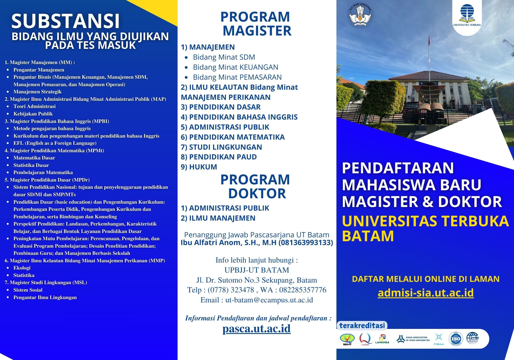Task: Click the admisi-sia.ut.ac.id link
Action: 426,293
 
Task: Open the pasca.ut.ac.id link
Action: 256,328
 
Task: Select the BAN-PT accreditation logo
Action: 347,339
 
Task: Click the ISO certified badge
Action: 456,339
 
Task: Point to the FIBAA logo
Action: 439,339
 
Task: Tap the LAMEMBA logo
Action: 382,339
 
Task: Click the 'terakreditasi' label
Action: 362,326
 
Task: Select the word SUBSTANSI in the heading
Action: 66,21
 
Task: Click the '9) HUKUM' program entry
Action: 199,167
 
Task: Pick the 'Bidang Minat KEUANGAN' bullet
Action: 235,67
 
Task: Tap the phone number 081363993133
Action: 306,242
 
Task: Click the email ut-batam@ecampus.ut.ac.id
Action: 269,300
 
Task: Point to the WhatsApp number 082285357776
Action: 302,290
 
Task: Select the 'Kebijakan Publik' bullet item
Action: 33,114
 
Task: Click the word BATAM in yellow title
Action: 368,236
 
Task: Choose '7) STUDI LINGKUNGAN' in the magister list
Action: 221,147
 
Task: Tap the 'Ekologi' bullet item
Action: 22,268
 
